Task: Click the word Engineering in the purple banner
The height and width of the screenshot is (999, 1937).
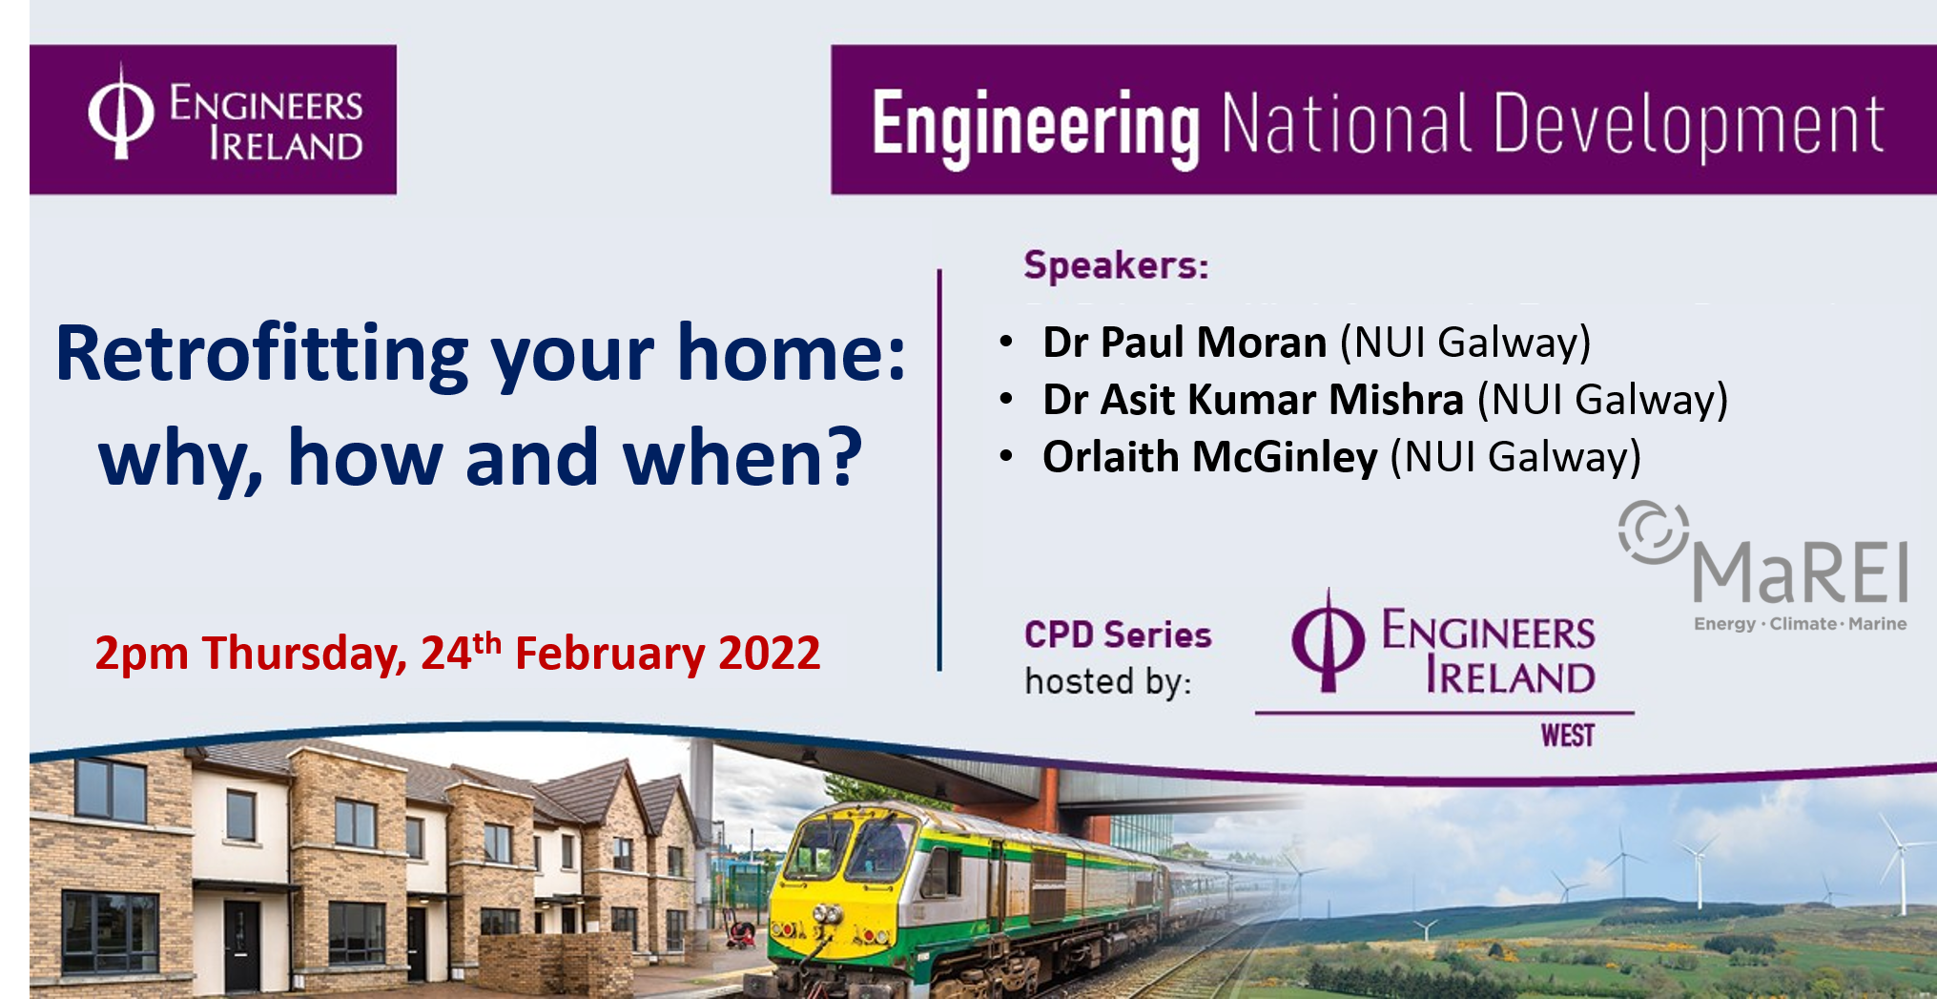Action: (1036, 128)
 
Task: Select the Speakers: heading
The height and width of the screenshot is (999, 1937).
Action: (1116, 264)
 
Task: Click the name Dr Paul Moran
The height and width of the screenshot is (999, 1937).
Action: (1185, 342)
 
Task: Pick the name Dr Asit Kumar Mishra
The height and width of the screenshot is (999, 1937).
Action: (1253, 399)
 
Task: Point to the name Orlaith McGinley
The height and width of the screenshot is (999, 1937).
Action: (1210, 456)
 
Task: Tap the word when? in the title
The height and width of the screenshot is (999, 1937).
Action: (743, 459)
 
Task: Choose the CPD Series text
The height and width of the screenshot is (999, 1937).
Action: (1118, 635)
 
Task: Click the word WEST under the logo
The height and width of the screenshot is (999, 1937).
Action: (1568, 736)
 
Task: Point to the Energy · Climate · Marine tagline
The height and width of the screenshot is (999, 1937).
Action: (1801, 624)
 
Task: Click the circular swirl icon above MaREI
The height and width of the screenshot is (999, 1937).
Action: (1653, 531)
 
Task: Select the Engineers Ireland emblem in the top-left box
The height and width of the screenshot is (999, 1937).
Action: (121, 113)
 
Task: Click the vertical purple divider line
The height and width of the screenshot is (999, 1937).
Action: (939, 469)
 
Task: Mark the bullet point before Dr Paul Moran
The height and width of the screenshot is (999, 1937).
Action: (1006, 342)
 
